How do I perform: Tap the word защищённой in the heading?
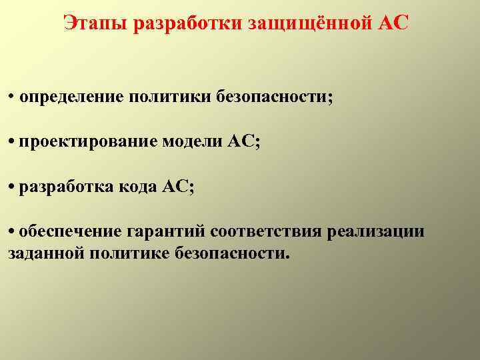tap(301, 23)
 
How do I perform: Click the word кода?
tap(138, 187)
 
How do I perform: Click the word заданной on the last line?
tap(39, 254)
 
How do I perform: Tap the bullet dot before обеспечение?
tap(12, 232)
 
